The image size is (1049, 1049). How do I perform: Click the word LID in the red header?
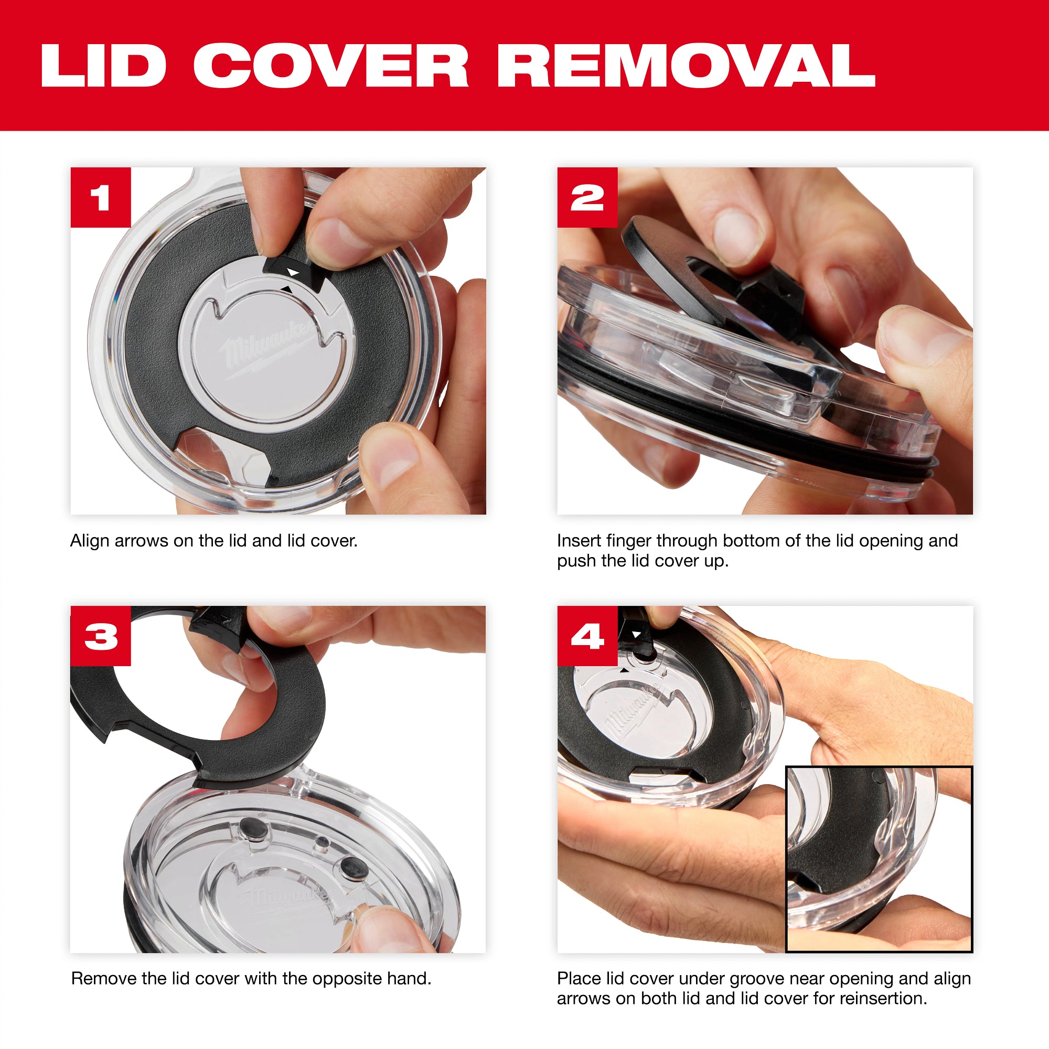tap(103, 66)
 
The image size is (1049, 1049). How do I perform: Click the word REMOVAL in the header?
tap(686, 66)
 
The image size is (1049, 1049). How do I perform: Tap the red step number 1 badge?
tap(101, 198)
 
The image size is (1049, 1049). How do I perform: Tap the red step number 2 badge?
tap(587, 198)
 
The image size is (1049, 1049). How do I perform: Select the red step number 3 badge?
tap(101, 636)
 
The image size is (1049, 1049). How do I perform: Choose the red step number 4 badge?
tap(587, 636)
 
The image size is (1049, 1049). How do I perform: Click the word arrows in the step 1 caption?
tap(141, 541)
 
